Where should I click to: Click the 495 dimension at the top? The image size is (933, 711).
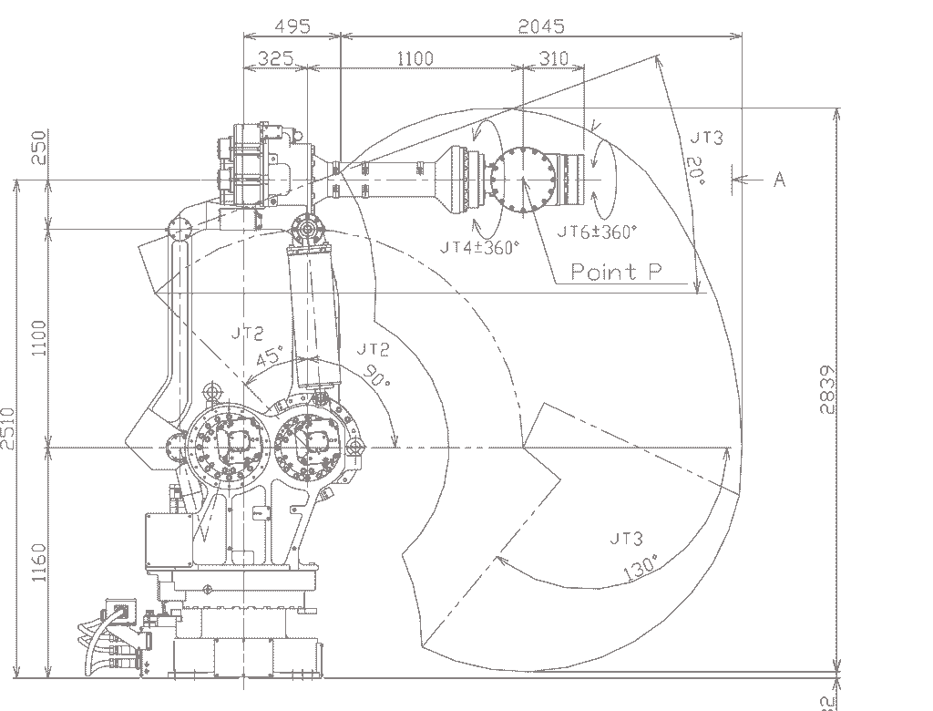(292, 26)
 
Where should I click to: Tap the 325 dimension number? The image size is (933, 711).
(275, 58)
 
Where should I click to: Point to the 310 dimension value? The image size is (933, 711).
(553, 58)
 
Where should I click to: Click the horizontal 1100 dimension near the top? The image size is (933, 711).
(415, 58)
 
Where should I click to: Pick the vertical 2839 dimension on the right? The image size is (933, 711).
(826, 389)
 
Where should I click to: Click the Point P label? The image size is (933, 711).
(616, 271)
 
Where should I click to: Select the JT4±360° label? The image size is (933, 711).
(479, 246)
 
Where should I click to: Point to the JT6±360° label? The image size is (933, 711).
(596, 232)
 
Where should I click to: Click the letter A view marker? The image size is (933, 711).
(779, 180)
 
